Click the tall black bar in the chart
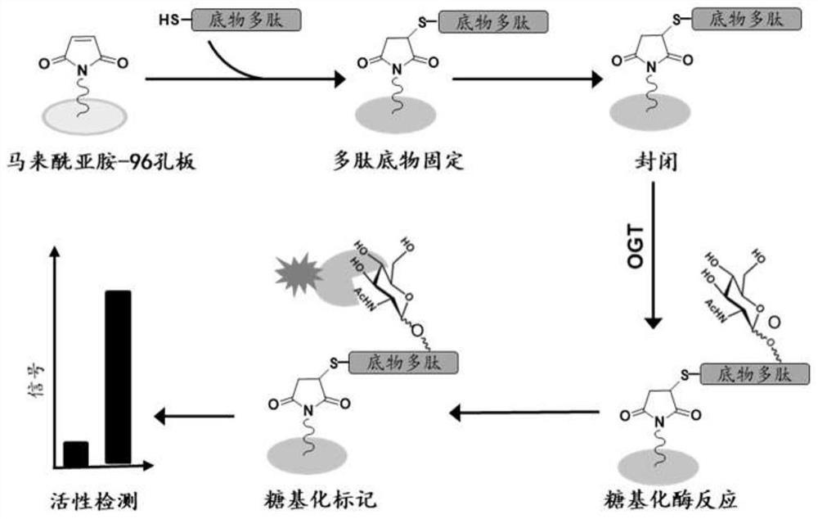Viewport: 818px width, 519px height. tap(118, 377)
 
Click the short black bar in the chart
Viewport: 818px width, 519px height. tap(75, 454)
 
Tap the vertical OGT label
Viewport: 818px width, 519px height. tap(636, 247)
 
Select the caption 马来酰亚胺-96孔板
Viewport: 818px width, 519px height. tap(101, 160)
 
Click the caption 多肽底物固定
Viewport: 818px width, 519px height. tap(398, 160)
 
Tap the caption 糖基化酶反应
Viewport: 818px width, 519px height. tap(671, 499)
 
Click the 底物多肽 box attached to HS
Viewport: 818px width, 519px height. tap(246, 20)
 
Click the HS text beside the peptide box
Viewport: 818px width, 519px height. tap(169, 20)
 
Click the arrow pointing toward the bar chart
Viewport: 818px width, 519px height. tap(194, 416)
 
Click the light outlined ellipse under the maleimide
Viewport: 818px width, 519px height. tap(84, 117)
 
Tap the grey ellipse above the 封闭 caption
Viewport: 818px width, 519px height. tap(650, 111)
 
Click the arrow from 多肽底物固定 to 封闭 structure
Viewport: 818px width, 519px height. tap(528, 79)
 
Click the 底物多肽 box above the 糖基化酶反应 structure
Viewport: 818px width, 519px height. tap(755, 374)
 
